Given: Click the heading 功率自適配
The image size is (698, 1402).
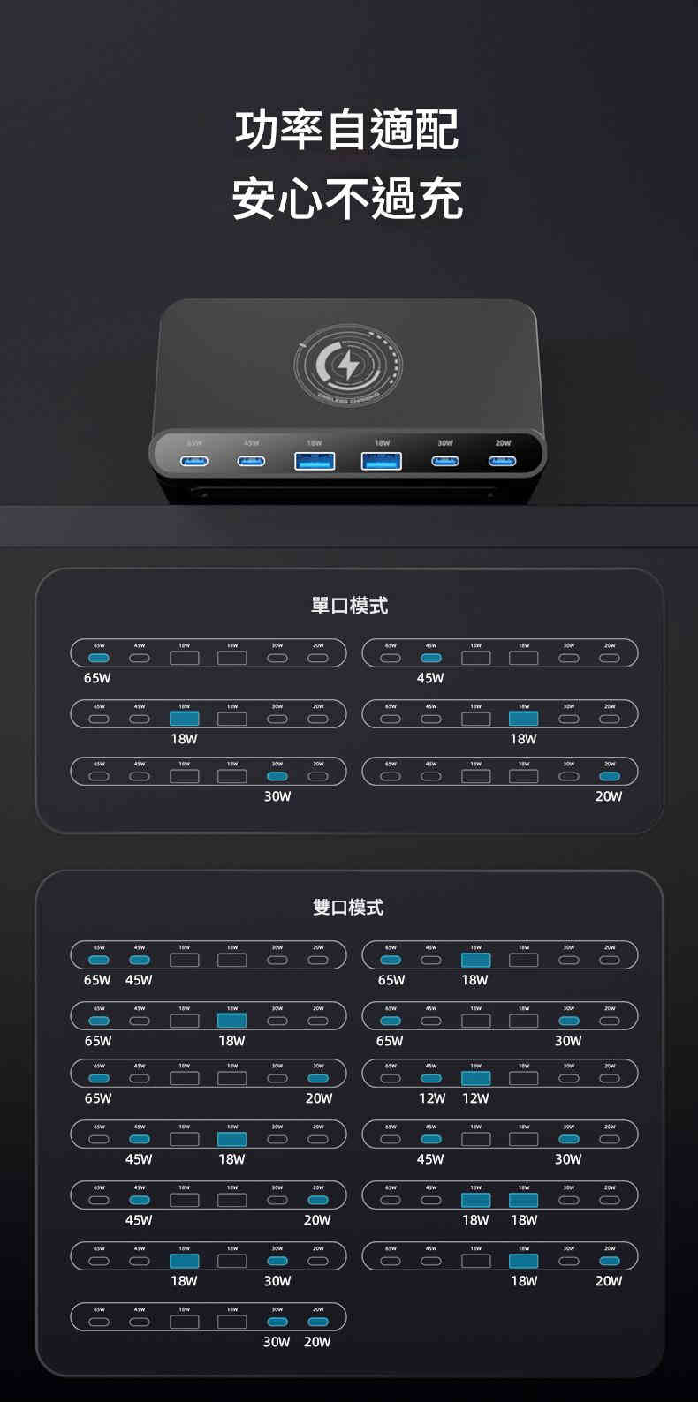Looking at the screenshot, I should click(x=347, y=131).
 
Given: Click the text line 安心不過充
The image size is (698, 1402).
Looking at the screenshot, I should click(x=347, y=198).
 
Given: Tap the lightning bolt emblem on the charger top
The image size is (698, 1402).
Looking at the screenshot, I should click(x=348, y=364).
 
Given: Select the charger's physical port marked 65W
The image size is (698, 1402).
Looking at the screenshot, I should click(x=194, y=461).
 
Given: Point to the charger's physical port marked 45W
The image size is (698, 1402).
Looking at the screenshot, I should click(x=251, y=461).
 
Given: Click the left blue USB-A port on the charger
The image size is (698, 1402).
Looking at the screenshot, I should click(x=315, y=461).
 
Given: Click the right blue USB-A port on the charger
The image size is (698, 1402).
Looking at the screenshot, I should click(x=382, y=461).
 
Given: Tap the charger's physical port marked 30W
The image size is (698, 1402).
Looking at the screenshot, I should click(x=445, y=461).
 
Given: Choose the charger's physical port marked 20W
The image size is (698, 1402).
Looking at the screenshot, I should click(x=503, y=461).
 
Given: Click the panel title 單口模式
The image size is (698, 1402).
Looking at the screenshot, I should click(x=349, y=606).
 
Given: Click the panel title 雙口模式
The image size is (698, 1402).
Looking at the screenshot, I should click(x=348, y=908).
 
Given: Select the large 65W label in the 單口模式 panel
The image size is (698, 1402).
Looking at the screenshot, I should click(x=97, y=678).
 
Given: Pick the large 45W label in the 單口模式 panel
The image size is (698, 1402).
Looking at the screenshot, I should click(x=430, y=678).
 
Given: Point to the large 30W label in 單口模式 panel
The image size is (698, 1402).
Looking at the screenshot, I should click(x=277, y=796).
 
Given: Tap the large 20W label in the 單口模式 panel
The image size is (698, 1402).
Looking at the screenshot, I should click(x=609, y=796).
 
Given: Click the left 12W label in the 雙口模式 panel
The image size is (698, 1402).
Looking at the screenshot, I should click(x=432, y=1098).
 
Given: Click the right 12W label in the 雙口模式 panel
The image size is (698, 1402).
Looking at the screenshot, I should click(x=475, y=1098).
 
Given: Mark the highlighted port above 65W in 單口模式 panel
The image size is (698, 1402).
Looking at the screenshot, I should click(x=99, y=658).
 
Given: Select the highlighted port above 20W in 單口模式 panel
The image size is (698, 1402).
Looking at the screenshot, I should click(x=610, y=776).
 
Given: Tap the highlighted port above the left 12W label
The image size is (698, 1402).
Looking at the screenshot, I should click(x=431, y=1078).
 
